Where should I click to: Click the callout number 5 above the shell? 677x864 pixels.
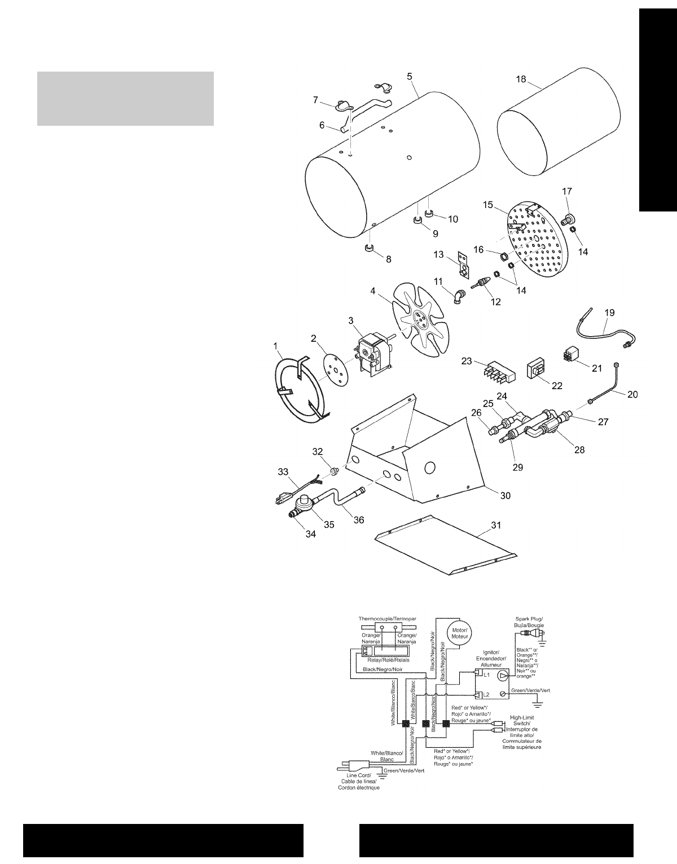[409, 76]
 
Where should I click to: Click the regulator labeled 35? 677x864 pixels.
[308, 502]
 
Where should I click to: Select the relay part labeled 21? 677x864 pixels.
[573, 355]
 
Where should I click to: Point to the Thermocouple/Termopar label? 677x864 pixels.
[388, 619]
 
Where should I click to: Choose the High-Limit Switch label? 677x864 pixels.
[522, 732]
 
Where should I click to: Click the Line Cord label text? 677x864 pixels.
[359, 782]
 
